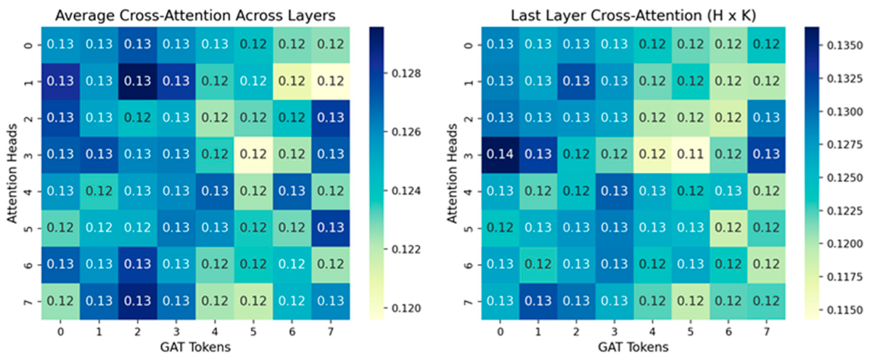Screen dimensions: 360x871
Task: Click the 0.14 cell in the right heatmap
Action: click(500, 154)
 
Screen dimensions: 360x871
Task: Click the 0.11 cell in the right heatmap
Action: click(690, 154)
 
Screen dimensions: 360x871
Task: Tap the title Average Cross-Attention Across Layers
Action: click(195, 15)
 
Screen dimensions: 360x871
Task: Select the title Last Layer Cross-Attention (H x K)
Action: click(633, 15)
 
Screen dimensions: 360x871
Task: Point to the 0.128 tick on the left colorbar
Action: click(406, 73)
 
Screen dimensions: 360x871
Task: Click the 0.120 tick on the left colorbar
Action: click(406, 308)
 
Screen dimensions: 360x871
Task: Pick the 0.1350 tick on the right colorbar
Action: click(844, 45)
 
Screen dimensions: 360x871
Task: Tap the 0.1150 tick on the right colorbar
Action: click(844, 310)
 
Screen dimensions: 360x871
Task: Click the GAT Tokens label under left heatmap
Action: click(195, 347)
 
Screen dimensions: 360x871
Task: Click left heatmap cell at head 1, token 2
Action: click(138, 81)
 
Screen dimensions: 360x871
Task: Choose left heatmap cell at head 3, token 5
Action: click(253, 154)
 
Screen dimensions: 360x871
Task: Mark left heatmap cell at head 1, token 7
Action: click(330, 81)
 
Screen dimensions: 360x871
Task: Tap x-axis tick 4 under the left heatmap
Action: click(215, 332)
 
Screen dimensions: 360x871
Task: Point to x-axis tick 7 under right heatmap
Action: click(767, 332)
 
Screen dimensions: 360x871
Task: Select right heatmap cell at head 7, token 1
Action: click(538, 301)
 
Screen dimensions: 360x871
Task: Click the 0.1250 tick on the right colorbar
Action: click(844, 178)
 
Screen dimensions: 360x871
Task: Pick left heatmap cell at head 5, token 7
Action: click(330, 228)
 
